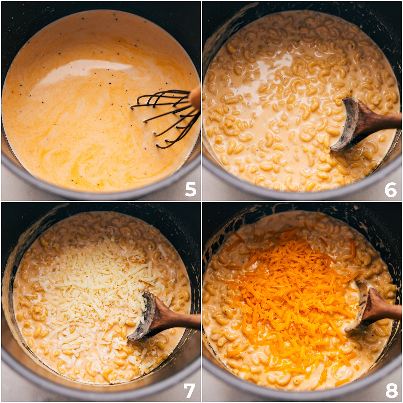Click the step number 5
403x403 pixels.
[190, 189]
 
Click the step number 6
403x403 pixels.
[391, 189]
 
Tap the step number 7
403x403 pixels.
[189, 390]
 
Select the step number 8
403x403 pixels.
[391, 391]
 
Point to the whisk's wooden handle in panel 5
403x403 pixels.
[195, 97]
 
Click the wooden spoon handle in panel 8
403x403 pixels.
[386, 309]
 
